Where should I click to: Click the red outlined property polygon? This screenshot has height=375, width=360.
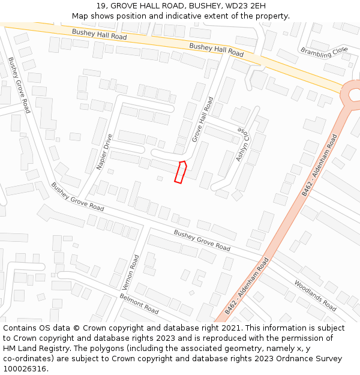click(180, 172)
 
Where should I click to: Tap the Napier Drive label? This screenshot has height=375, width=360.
click(104, 152)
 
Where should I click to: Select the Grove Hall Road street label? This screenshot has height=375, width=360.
click(202, 119)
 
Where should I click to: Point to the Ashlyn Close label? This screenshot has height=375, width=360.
click(241, 145)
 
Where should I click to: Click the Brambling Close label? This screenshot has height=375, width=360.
click(324, 52)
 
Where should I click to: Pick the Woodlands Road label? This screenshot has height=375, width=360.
click(315, 295)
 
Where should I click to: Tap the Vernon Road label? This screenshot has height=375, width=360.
click(133, 271)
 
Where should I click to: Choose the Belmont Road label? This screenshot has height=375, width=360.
click(139, 304)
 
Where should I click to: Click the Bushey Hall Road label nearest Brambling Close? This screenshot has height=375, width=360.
click(216, 50)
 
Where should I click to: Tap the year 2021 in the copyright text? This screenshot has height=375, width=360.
click(232, 328)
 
